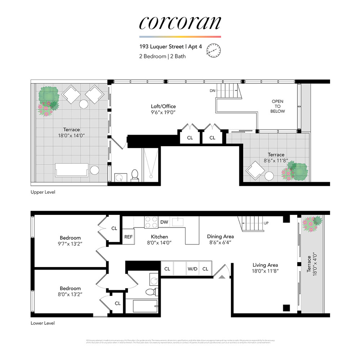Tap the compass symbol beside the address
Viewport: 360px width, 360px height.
coord(213,51)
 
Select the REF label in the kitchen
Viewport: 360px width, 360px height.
coord(129,237)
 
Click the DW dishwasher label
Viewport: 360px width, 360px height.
coord(164,222)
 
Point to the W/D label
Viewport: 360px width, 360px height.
coord(192,269)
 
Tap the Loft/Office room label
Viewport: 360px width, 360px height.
coord(163,106)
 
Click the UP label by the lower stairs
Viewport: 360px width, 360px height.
coord(266,223)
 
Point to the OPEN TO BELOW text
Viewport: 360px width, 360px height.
coord(278,106)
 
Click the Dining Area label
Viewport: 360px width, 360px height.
coord(220,237)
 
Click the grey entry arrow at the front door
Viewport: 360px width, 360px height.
coord(222,276)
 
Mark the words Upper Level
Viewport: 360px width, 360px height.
coord(43,192)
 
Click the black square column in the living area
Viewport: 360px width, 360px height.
coord(286,308)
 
